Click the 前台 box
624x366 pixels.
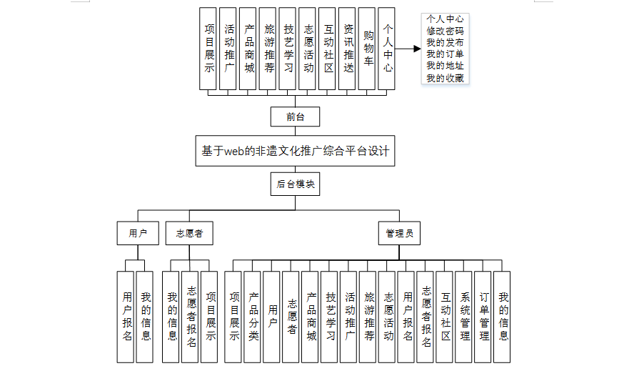pos(294,117)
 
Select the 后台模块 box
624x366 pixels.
pos(294,184)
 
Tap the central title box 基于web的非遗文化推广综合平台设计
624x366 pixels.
pos(294,152)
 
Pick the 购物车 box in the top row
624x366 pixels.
pos(367,49)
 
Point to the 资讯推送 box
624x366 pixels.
pos(348,49)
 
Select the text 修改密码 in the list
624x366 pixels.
pos(444,31)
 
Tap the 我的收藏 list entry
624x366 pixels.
pos(444,78)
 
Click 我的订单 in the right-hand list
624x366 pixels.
pos(444,54)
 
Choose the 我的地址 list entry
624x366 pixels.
pos(444,66)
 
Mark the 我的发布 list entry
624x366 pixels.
pos(444,42)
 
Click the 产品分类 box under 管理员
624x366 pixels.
pos(253,316)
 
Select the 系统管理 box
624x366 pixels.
pos(464,316)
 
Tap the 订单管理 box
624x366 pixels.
pos(483,316)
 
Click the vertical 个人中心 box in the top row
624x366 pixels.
pos(387,49)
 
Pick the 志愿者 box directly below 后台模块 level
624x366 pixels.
pos(189,233)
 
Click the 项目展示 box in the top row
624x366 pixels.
pos(209,49)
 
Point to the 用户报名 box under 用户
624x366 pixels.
pos(126,316)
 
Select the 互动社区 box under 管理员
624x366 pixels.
pos(445,316)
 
